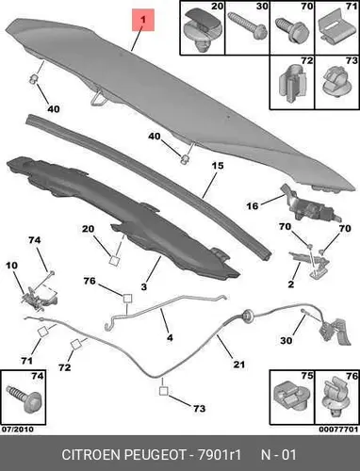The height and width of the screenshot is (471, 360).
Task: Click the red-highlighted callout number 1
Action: click(x=143, y=20)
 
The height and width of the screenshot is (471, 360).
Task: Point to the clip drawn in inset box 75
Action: click(x=291, y=398)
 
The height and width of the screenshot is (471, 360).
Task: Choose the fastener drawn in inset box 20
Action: click(x=202, y=28)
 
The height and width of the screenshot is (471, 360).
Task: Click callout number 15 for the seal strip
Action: click(x=218, y=165)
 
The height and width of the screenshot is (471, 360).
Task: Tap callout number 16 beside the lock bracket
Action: click(x=252, y=206)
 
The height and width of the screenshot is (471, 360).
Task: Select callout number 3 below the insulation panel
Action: click(x=143, y=286)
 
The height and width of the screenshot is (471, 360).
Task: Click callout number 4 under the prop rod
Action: click(x=170, y=338)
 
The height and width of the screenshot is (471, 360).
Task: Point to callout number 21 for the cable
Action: click(x=238, y=365)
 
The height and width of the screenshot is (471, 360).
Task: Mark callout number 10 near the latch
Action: click(x=12, y=266)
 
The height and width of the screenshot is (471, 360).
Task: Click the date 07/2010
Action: click(x=18, y=430)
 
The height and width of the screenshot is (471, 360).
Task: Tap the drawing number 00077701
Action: click(x=338, y=430)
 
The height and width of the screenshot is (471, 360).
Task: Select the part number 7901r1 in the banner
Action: click(x=219, y=454)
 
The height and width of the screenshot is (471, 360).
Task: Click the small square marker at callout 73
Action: click(x=164, y=391)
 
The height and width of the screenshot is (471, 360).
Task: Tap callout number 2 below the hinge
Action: click(x=291, y=284)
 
